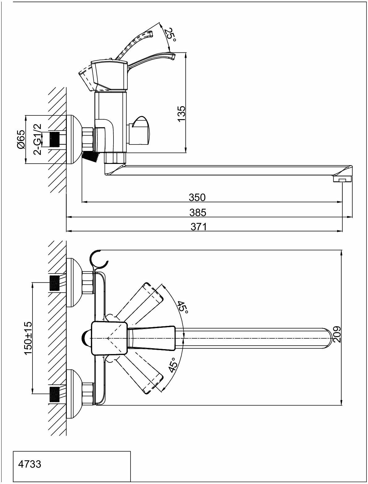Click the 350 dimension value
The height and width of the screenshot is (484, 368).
[197, 197]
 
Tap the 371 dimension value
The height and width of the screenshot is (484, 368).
[198, 227]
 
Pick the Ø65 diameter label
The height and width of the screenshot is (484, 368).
[20, 139]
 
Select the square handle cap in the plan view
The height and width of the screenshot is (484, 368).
[110, 338]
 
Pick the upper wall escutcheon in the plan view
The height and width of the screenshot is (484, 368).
[74, 282]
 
